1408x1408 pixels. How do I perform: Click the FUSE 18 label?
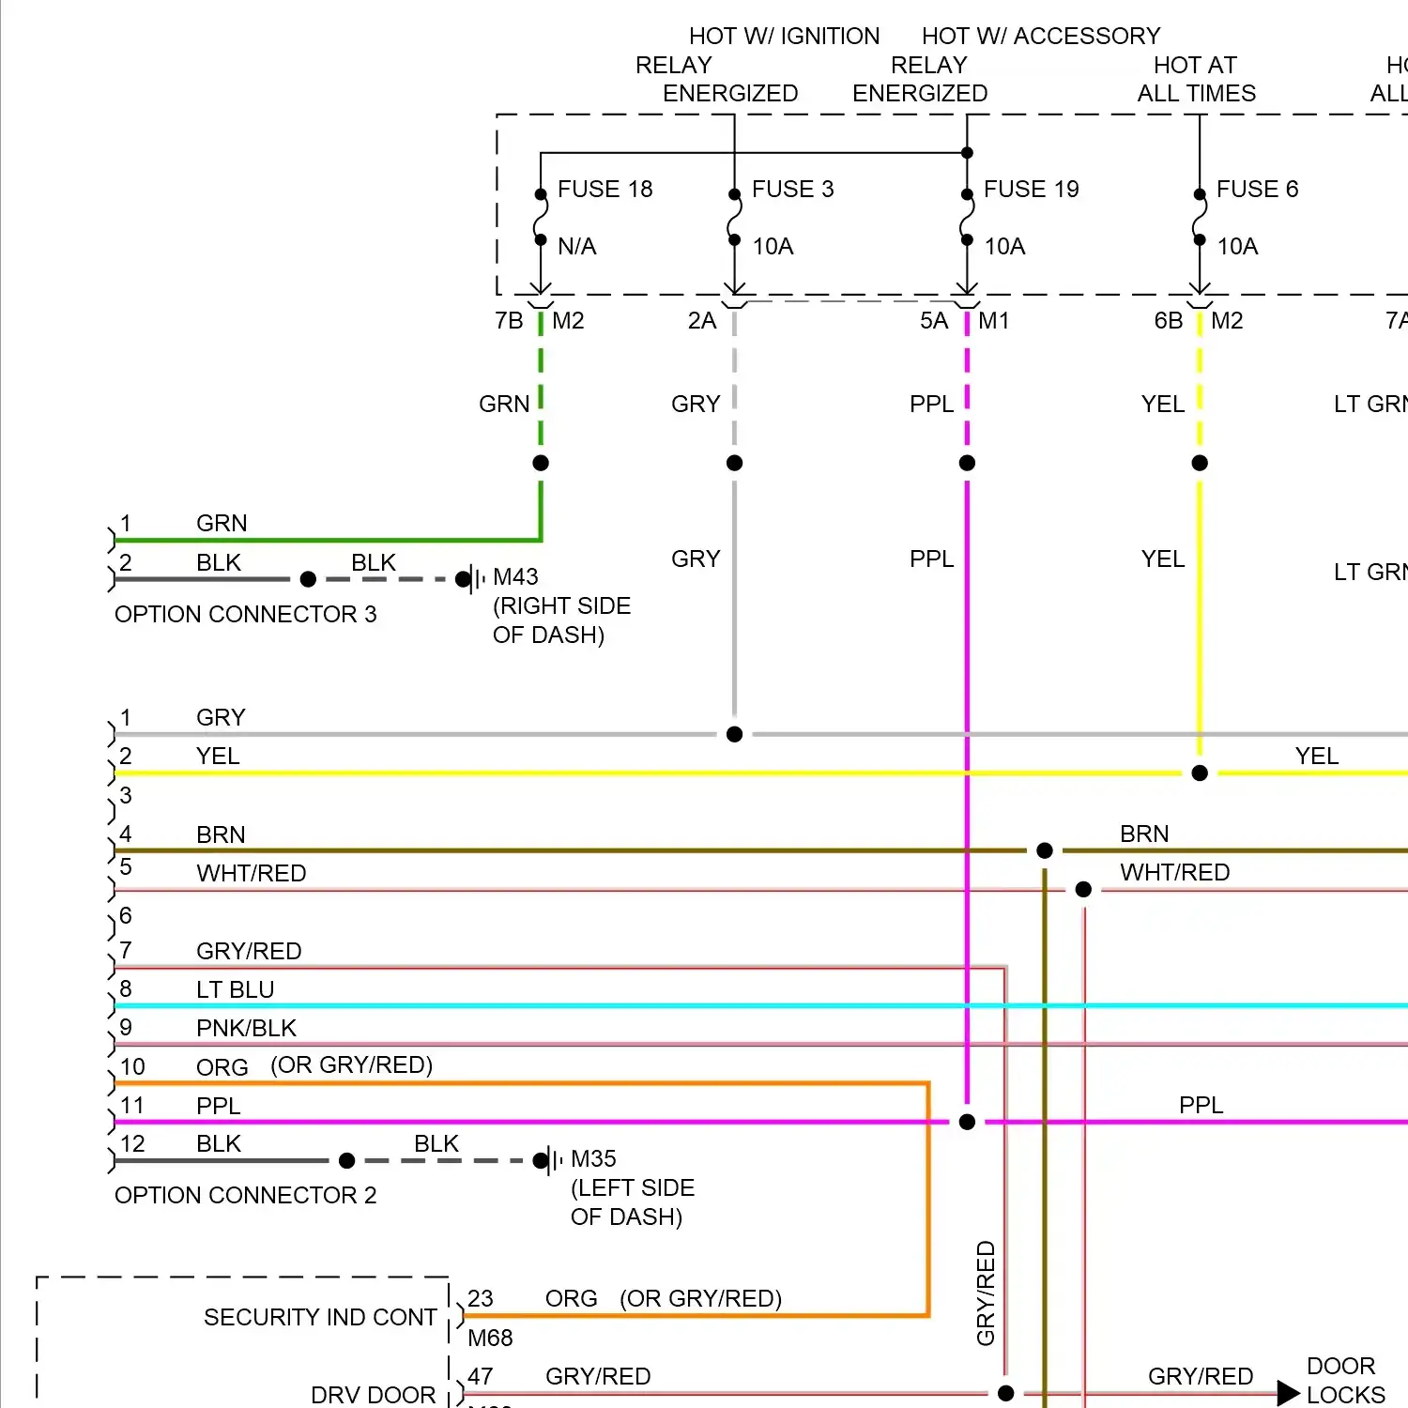coord(605,190)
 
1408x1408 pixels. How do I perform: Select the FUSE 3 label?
coord(792,190)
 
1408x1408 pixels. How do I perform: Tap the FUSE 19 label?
coord(1031,190)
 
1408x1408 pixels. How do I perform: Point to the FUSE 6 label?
coord(1257,190)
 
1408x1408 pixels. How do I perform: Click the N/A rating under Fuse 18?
coord(576,247)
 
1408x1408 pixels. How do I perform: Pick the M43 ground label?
coord(515,576)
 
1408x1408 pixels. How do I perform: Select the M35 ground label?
coord(593,1159)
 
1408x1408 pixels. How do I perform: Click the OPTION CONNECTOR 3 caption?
coord(245,614)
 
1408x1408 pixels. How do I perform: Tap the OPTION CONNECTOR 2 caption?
coord(245,1195)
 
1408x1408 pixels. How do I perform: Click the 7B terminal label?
coord(509,321)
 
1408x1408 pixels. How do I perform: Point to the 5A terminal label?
coord(934,321)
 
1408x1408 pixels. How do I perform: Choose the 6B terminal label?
coord(1168,321)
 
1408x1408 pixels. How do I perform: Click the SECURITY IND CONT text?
coord(320,1317)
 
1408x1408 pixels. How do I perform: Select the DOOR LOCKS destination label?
coord(1345,1380)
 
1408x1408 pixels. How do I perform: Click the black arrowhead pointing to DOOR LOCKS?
coord(1288,1393)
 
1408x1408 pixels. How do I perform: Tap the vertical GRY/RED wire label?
coord(986,1293)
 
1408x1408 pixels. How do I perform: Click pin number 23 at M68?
coord(481,1298)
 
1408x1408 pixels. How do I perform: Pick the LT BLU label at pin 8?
coord(235,989)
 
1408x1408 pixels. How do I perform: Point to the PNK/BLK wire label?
coord(246,1028)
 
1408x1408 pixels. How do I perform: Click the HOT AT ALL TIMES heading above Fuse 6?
coord(1196,79)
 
